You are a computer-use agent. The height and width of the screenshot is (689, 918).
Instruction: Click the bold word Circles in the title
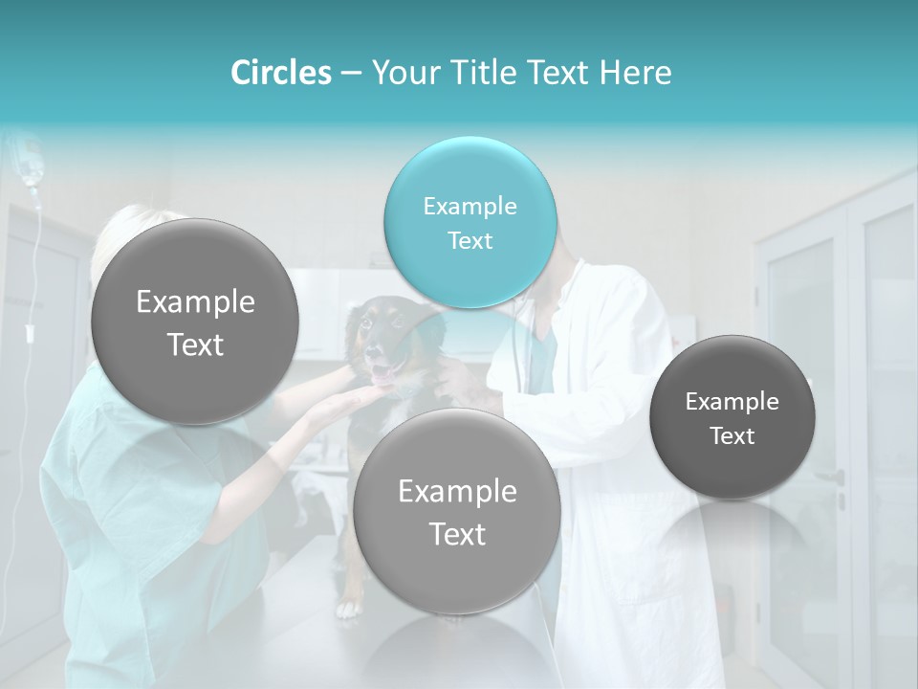(x=281, y=73)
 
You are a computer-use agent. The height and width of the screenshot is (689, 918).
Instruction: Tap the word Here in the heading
(x=635, y=73)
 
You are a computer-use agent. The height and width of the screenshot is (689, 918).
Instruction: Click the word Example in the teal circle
(x=470, y=207)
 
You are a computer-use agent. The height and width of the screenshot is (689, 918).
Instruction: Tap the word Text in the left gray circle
(x=195, y=344)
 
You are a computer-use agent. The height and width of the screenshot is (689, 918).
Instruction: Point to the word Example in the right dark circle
(x=732, y=402)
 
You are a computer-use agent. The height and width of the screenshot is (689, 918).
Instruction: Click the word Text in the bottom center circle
(x=457, y=535)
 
